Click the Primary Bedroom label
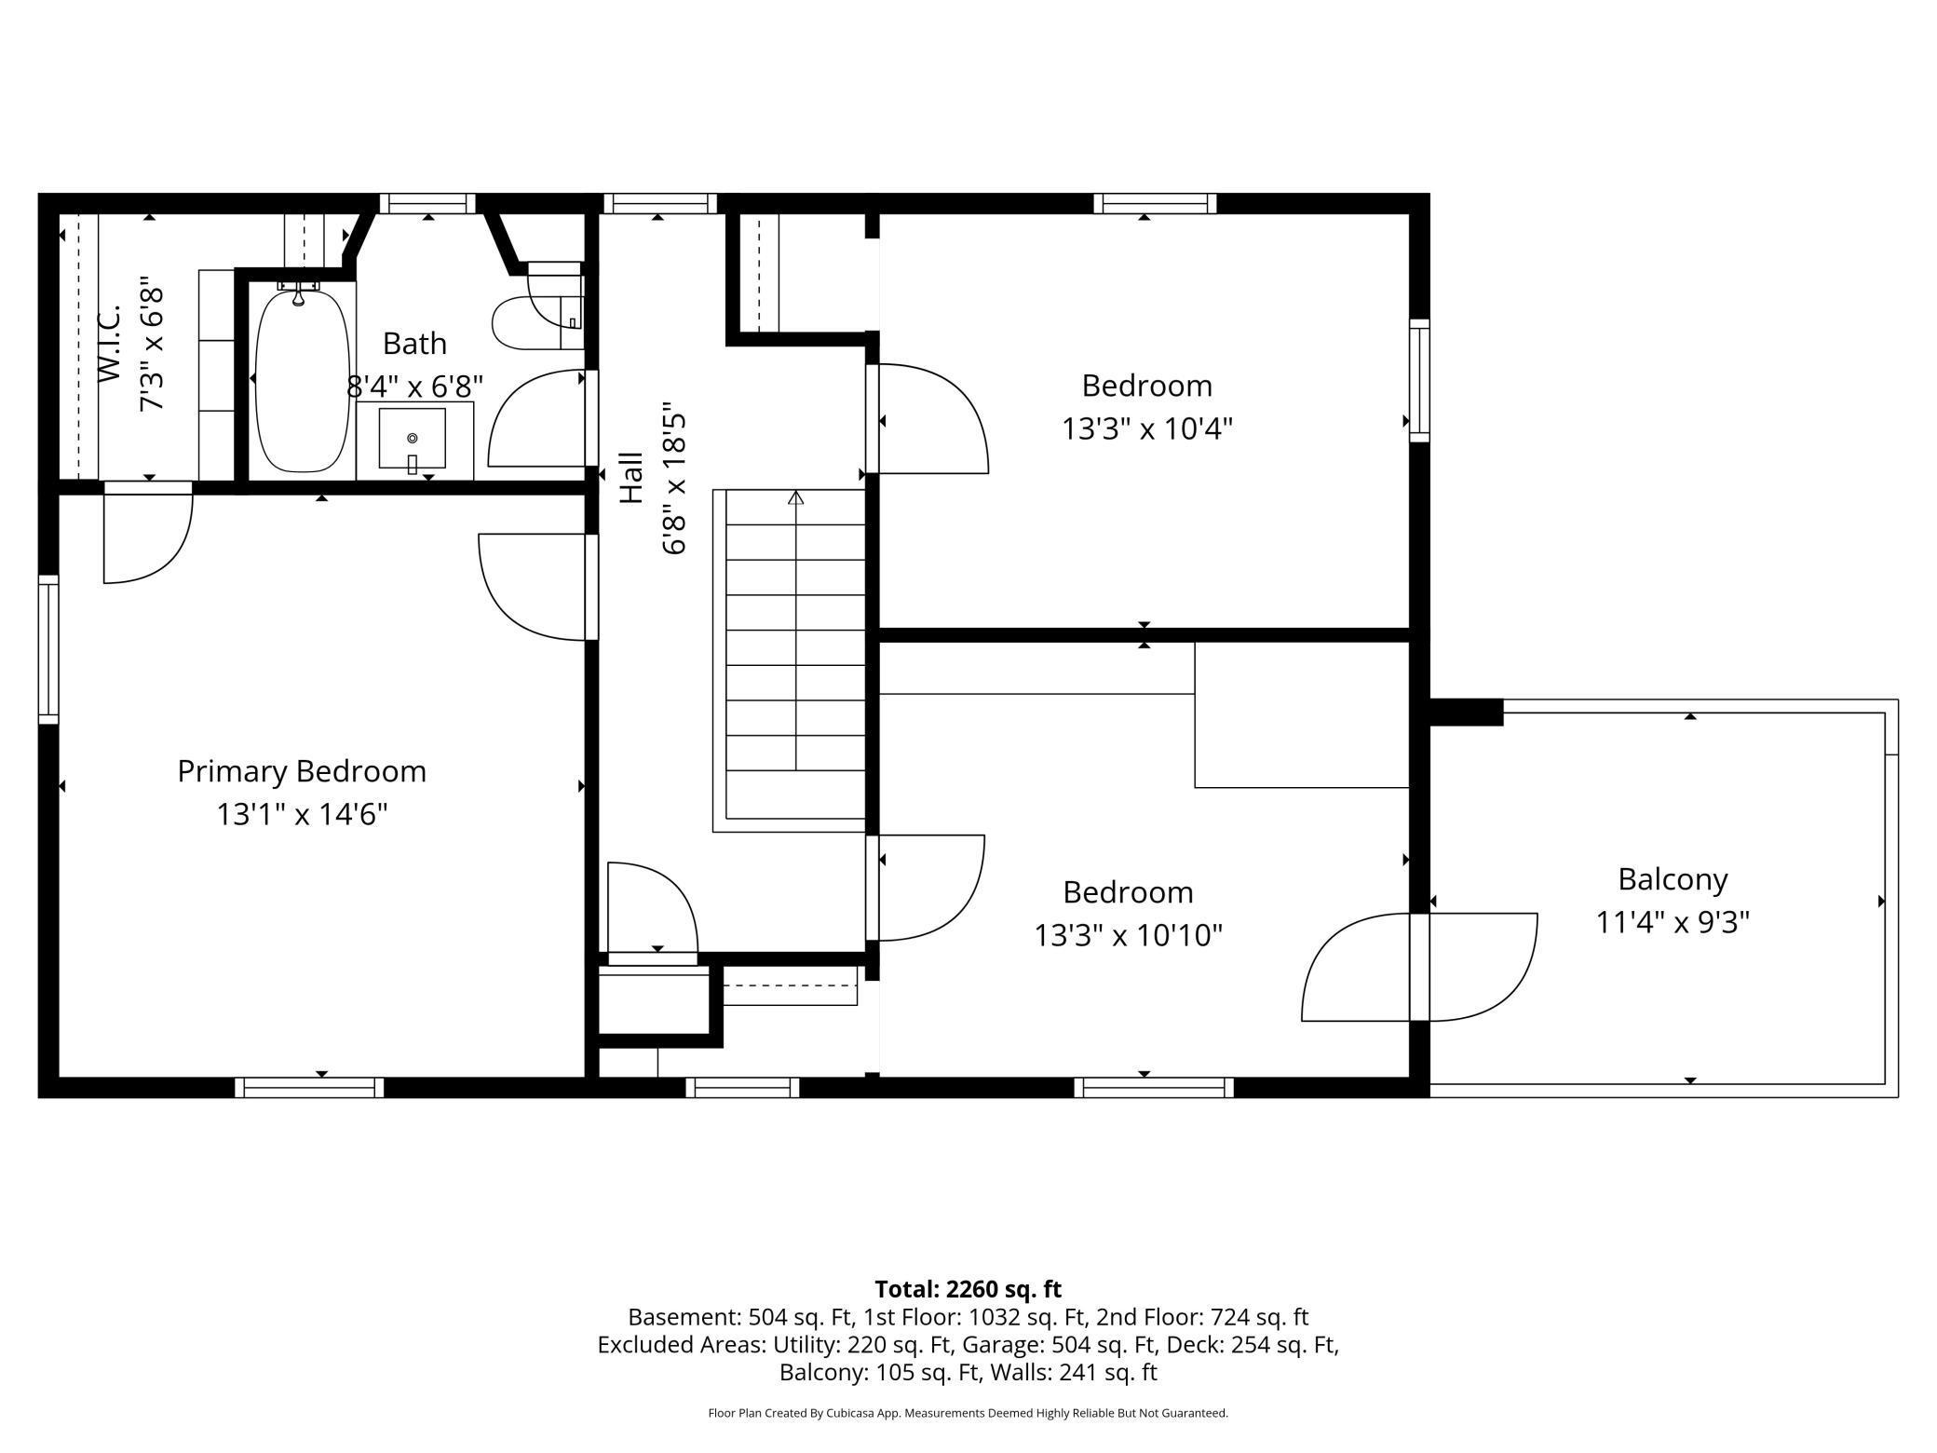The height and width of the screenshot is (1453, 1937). pyautogui.click(x=302, y=771)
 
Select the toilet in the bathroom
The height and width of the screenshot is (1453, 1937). pyautogui.click(x=537, y=309)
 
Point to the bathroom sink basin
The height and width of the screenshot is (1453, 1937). pyautogui.click(x=413, y=438)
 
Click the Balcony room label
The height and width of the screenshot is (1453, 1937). pyautogui.click(x=1673, y=879)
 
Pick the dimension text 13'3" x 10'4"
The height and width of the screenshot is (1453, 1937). pyautogui.click(x=1147, y=428)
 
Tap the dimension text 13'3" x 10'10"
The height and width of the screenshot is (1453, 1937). pyautogui.click(x=1128, y=934)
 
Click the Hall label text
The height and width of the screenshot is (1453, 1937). pyautogui.click(x=631, y=478)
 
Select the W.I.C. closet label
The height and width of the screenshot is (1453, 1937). pyautogui.click(x=110, y=343)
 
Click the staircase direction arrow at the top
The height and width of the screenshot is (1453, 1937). pyautogui.click(x=795, y=497)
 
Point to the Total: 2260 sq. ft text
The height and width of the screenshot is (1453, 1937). pyautogui.click(x=968, y=1289)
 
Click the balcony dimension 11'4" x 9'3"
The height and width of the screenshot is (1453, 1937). pyautogui.click(x=1673, y=922)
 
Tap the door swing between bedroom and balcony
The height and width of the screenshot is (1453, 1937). pyautogui.click(x=1419, y=967)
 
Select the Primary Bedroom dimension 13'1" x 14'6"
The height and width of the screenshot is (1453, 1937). pyautogui.click(x=302, y=814)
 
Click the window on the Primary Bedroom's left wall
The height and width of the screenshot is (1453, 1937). pyautogui.click(x=48, y=649)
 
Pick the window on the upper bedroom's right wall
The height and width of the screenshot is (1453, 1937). pyautogui.click(x=1419, y=380)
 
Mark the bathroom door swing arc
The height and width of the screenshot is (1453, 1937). pyautogui.click(x=535, y=418)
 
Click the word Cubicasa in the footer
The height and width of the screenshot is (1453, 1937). pyautogui.click(x=848, y=1413)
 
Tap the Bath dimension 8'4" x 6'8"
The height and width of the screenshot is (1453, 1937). pyautogui.click(x=415, y=386)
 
